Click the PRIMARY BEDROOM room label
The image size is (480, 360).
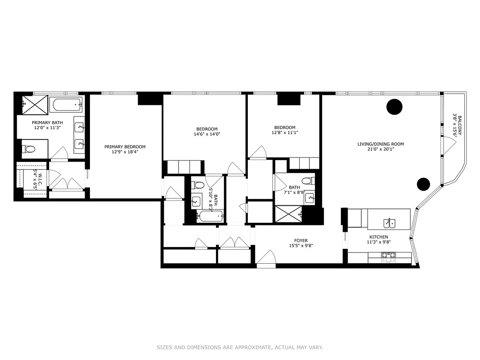125,147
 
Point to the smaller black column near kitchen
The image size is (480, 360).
423,184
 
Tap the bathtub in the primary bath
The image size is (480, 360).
66,105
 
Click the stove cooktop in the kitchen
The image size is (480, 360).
389,256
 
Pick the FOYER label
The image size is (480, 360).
301,241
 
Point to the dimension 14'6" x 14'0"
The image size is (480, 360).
207,134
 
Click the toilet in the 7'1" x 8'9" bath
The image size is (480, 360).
307,181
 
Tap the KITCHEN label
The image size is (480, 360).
378,237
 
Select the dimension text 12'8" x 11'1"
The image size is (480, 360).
285,133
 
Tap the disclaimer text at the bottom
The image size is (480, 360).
240,347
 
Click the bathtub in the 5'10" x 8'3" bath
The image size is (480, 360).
210,216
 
